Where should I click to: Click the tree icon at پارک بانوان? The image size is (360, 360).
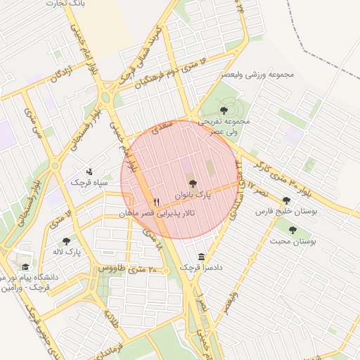(x=193, y=183)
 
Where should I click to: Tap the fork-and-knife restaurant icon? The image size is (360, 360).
(x=156, y=200)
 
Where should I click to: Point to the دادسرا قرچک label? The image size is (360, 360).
(x=200, y=267)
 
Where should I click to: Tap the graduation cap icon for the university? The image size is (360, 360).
(x=25, y=267)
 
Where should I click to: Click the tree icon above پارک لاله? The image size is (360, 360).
(x=66, y=241)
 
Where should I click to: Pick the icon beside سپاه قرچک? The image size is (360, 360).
(x=89, y=171)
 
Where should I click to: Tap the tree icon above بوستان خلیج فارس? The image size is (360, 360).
(x=286, y=200)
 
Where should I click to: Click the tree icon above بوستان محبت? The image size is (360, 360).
(x=292, y=230)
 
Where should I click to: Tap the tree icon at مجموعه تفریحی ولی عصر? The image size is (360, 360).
(x=224, y=110)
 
